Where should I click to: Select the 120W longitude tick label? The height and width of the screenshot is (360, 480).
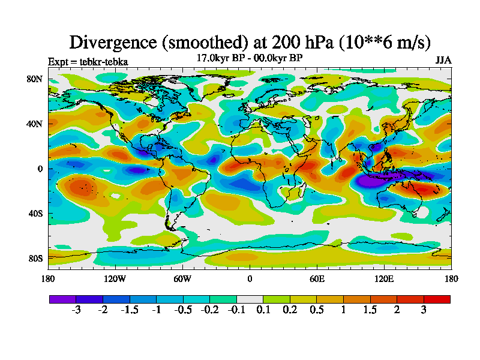115,278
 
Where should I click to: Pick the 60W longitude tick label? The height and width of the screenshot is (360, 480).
182,278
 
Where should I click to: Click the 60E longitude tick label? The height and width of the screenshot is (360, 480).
317,278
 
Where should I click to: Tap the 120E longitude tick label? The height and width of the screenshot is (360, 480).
384,278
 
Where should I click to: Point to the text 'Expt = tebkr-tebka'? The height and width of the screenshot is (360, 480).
88,61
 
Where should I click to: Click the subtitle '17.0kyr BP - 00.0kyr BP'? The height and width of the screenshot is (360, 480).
250,58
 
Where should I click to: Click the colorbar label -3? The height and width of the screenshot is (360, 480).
76,310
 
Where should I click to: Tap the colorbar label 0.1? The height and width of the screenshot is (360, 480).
263,310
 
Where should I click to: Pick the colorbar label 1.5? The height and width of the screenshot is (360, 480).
370,310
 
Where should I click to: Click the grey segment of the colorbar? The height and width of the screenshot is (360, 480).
250,299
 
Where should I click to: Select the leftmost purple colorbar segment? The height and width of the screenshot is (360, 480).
62,299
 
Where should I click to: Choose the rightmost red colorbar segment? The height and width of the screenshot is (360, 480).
437,299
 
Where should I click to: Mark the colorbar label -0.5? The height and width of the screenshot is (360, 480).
183,310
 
